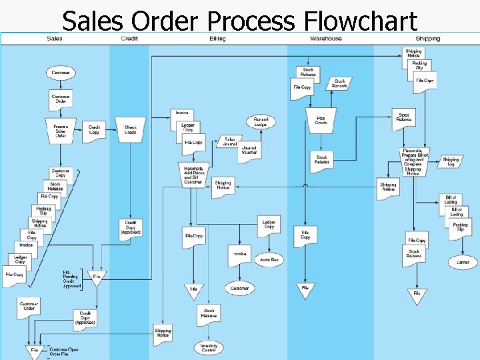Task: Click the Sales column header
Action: click(55, 39)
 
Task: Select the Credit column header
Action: click(130, 39)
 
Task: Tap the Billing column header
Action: click(217, 39)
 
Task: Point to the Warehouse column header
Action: click(326, 39)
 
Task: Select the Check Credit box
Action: click(131, 129)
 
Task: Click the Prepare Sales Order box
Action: click(61, 130)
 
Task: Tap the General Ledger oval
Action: click(261, 123)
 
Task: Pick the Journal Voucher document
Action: click(249, 151)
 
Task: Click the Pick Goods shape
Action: click(321, 120)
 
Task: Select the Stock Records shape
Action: click(339, 83)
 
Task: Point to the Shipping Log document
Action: click(451, 161)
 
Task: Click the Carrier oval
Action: click(463, 262)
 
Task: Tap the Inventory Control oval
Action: click(209, 347)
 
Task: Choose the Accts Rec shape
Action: click(269, 259)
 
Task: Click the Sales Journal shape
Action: click(229, 141)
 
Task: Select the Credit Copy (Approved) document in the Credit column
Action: click(130, 228)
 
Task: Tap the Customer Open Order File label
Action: click(63, 351)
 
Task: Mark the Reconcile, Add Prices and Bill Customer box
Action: click(193, 175)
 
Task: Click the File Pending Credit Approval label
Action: click(71, 279)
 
